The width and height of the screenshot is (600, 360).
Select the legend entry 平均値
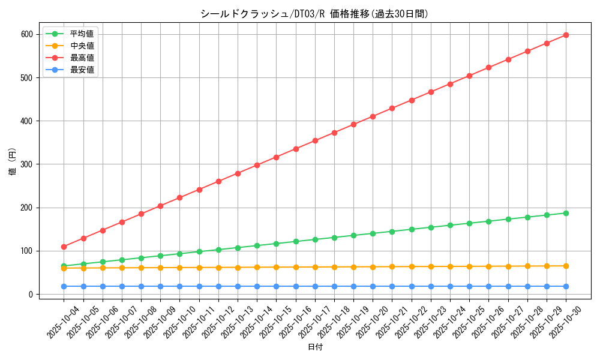click(82, 34)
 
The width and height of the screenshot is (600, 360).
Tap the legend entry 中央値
click(82, 46)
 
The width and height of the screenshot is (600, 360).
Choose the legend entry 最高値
click(82, 58)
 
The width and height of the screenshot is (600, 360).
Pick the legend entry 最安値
click(82, 70)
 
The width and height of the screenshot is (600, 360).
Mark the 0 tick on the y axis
click(31, 294)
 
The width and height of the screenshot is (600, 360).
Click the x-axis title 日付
click(315, 347)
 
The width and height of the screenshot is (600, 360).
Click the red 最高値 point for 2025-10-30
click(566, 35)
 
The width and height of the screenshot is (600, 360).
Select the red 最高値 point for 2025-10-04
click(64, 247)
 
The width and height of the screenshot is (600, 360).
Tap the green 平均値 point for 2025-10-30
click(566, 213)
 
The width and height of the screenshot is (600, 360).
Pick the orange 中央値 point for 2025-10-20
click(373, 267)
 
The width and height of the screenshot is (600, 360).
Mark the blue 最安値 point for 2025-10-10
click(179, 286)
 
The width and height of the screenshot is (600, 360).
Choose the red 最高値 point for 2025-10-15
click(276, 157)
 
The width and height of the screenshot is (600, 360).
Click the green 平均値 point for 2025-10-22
click(412, 229)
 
